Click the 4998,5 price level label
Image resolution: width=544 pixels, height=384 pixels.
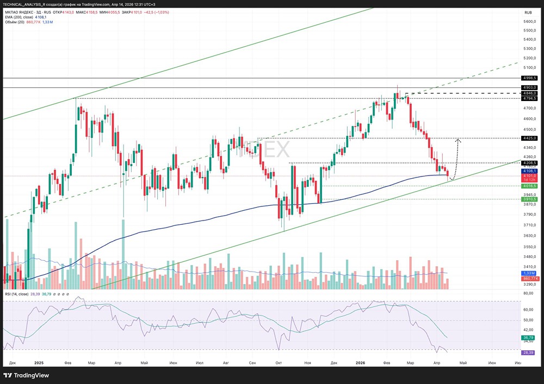click(529, 78)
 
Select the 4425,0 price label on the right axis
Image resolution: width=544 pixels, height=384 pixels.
click(529, 139)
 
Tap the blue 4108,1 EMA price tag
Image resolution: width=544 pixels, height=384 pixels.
click(529, 171)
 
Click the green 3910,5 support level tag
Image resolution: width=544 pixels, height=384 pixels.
click(529, 199)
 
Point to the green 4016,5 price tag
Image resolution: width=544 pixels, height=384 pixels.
click(529, 186)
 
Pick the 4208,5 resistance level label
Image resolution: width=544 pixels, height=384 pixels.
click(529, 162)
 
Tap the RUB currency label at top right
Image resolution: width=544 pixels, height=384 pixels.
click(528, 12)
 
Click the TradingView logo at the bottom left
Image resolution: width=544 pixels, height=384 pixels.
click(27, 375)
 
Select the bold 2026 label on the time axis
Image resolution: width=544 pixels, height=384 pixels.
click(361, 362)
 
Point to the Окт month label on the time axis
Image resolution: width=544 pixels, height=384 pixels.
click(279, 362)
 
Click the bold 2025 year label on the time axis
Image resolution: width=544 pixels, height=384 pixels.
click(39, 362)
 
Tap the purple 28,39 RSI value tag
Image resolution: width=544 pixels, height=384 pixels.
click(528, 352)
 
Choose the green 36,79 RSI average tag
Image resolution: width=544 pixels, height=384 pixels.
click(528, 338)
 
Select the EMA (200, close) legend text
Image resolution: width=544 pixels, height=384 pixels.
click(20, 17)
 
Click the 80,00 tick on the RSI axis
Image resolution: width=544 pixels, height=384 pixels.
click(528, 294)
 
